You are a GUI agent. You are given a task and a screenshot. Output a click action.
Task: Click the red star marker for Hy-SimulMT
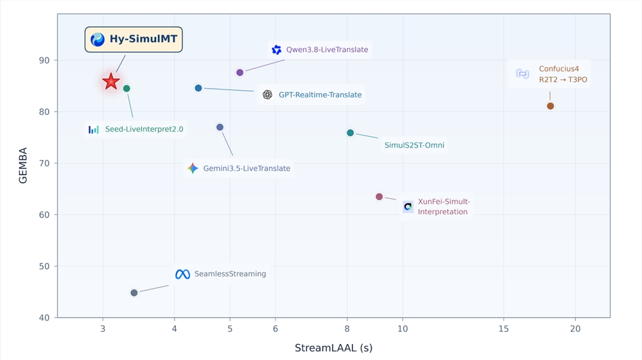point(111,81)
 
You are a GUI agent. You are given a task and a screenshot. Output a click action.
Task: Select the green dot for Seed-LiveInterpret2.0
point(126,89)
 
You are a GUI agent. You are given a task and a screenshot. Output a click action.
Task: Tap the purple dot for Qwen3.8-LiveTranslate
point(240,73)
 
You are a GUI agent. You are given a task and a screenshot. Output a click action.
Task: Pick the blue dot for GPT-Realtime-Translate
point(198,88)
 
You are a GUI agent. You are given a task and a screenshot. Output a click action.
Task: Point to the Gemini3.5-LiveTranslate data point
point(220,127)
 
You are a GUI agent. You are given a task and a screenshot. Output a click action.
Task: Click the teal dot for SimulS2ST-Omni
point(350,133)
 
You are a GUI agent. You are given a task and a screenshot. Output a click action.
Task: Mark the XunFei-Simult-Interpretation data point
point(379,197)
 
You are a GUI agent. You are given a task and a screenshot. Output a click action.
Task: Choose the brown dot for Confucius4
point(550,106)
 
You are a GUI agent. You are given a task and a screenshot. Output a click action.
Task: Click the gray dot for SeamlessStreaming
point(134,293)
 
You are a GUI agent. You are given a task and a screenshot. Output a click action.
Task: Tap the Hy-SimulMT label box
point(134,39)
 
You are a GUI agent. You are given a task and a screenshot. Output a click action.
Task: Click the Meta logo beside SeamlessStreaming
point(182,274)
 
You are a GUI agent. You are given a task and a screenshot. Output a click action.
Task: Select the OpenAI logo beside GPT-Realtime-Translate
point(267,95)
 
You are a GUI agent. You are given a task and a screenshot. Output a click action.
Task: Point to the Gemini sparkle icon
point(193,168)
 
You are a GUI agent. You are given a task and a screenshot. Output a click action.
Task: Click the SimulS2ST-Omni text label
point(414,145)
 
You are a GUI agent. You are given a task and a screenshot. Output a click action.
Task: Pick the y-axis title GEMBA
point(23,166)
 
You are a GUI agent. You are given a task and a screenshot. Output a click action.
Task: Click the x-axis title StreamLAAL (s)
point(334,348)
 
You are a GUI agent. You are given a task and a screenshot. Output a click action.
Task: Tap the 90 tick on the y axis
point(44,60)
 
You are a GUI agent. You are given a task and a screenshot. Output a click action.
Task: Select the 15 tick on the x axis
point(503,329)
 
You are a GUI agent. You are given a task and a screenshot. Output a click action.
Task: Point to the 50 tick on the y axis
point(44,266)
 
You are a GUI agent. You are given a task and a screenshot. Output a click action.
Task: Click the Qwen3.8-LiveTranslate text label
point(327,50)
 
